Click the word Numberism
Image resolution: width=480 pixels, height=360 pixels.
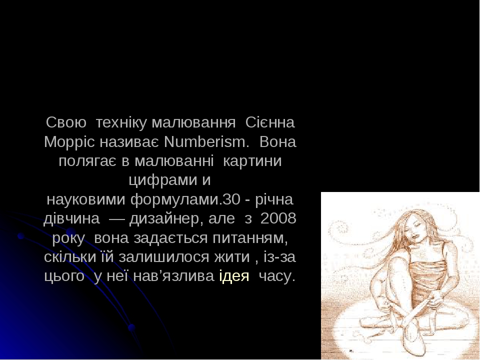click(x=206, y=142)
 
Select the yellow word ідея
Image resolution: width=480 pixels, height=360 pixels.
click(x=234, y=277)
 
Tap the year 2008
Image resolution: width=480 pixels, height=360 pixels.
click(x=278, y=219)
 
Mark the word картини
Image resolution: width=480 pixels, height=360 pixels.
click(x=251, y=161)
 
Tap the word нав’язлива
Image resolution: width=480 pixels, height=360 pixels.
click(x=174, y=277)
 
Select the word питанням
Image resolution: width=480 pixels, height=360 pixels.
click(x=254, y=238)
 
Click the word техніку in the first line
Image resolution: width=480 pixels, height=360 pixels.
click(x=121, y=123)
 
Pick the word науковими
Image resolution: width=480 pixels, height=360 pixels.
click(x=86, y=200)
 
